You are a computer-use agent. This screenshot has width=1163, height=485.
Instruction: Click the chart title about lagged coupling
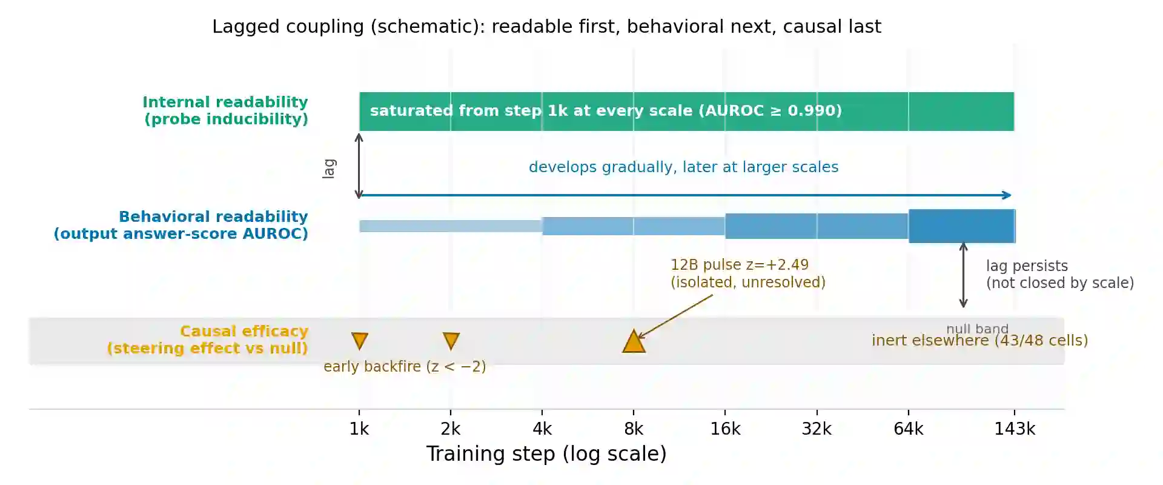pyautogui.click(x=546, y=27)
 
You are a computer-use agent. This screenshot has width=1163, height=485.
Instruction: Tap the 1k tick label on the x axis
pyautogui.click(x=359, y=429)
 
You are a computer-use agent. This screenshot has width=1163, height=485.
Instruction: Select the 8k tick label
pyautogui.click(x=634, y=429)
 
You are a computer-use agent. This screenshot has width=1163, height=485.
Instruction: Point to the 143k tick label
pyautogui.click(x=1015, y=429)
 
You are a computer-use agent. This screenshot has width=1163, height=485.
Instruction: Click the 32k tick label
pyautogui.click(x=817, y=429)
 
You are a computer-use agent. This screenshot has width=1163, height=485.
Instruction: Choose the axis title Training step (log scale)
pyautogui.click(x=546, y=454)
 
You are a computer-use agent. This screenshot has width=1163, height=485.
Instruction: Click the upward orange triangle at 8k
pyautogui.click(x=634, y=341)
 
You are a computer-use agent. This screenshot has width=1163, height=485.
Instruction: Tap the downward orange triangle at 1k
pyautogui.click(x=360, y=340)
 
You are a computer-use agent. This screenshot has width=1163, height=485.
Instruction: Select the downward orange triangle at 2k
pyautogui.click(x=451, y=340)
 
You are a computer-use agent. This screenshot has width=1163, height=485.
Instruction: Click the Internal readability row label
pyautogui.click(x=225, y=110)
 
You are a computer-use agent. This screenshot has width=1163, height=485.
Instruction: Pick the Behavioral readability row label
pyautogui.click(x=181, y=225)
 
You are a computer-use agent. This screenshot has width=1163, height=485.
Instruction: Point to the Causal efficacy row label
pyautogui.click(x=208, y=339)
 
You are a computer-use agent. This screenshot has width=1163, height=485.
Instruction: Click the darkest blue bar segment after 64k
pyautogui.click(x=962, y=226)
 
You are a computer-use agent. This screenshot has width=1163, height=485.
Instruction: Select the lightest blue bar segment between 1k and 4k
pyautogui.click(x=451, y=226)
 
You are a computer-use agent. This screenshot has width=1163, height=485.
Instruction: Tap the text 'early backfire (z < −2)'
pyautogui.click(x=405, y=367)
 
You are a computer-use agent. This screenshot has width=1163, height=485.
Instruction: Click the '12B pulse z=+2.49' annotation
pyautogui.click(x=740, y=265)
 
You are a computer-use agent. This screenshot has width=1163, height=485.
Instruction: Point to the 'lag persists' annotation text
pyautogui.click(x=1027, y=266)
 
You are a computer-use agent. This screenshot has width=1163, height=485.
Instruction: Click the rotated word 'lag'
pyautogui.click(x=329, y=169)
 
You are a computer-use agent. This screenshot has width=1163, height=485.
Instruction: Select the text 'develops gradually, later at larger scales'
pyautogui.click(x=684, y=167)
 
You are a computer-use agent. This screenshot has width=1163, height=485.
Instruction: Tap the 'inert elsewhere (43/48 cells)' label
pyautogui.click(x=980, y=341)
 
